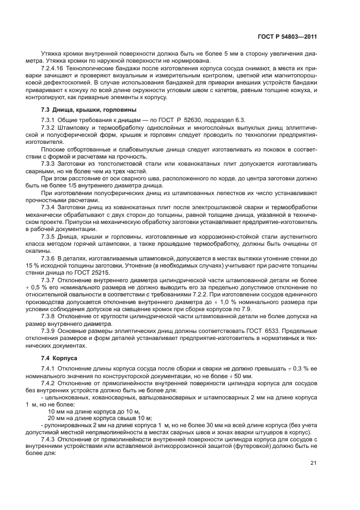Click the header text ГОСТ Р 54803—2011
click(x=288, y=37)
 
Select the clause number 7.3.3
click(x=50, y=163)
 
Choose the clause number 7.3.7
click(x=50, y=279)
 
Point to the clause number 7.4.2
click(x=50, y=384)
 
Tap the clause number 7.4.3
click(x=50, y=439)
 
